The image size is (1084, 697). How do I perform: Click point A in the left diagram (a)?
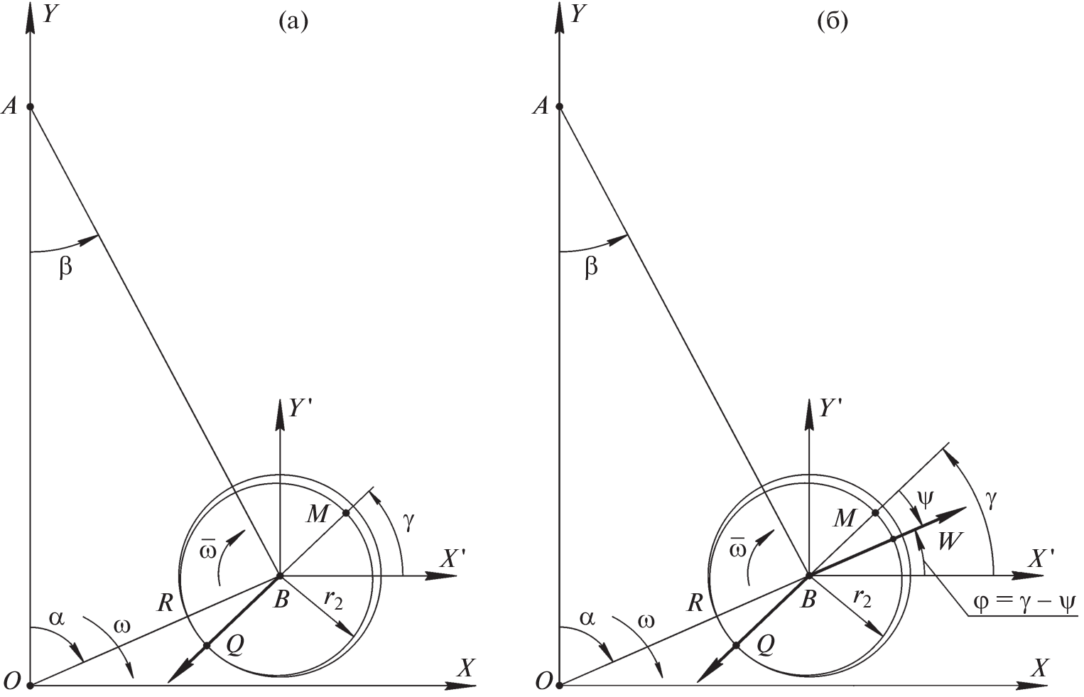coord(30,107)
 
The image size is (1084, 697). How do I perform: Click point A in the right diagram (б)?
coord(560,107)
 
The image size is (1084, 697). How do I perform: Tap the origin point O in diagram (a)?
coord(30,686)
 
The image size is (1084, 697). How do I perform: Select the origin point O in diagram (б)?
coord(560,686)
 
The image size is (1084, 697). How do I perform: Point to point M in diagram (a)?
coord(346,512)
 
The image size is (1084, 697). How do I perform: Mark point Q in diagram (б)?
coord(736,645)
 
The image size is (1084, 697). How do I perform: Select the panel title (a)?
coord(293,22)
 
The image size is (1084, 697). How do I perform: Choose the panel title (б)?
coord(833,22)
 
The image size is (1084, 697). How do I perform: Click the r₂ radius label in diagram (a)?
coord(333,600)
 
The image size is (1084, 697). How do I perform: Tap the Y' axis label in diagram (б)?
coord(831,410)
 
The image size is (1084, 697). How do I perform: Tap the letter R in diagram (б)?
coord(695,604)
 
